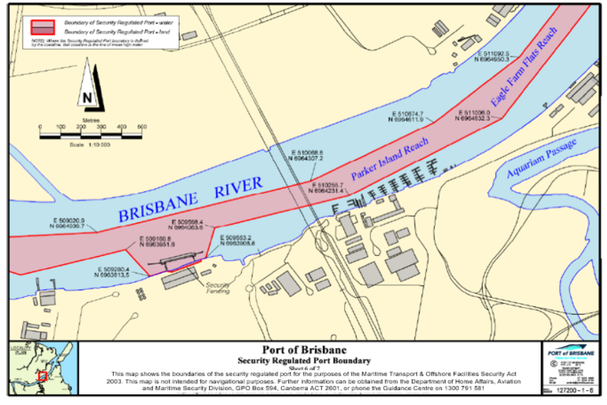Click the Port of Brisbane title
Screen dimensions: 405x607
click(303, 350)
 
